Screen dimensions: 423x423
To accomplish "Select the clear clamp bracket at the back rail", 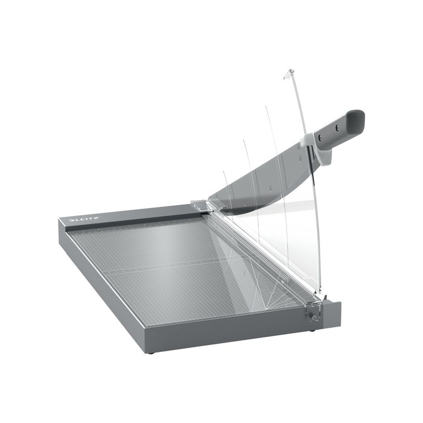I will (199, 205).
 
